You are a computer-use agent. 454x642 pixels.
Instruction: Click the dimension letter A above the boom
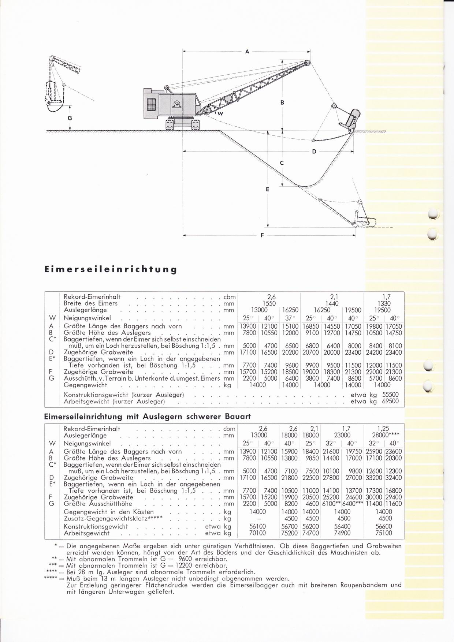pos(247,52)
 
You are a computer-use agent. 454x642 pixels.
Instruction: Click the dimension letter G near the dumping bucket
pos(70,118)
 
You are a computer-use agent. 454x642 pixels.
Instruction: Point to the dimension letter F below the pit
pos(262,235)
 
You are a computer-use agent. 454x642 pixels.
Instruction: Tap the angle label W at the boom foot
pos(221,114)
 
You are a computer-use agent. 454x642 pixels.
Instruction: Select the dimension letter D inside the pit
pos(314,151)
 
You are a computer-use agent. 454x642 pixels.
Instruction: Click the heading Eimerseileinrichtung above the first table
pos(110,269)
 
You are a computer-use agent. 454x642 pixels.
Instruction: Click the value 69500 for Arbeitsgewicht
pos(390,402)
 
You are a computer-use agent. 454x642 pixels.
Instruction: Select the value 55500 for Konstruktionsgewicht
pos(390,395)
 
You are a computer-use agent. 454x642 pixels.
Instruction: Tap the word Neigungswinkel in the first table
pos(87,318)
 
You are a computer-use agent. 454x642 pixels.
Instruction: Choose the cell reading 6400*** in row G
pos(353,504)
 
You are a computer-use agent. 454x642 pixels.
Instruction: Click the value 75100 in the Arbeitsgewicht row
pos(383,533)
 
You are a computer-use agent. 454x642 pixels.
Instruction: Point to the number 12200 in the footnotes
pos(183,566)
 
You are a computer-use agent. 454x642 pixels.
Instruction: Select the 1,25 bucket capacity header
pos(383,429)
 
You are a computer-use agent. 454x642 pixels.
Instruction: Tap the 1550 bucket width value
pos(269,303)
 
